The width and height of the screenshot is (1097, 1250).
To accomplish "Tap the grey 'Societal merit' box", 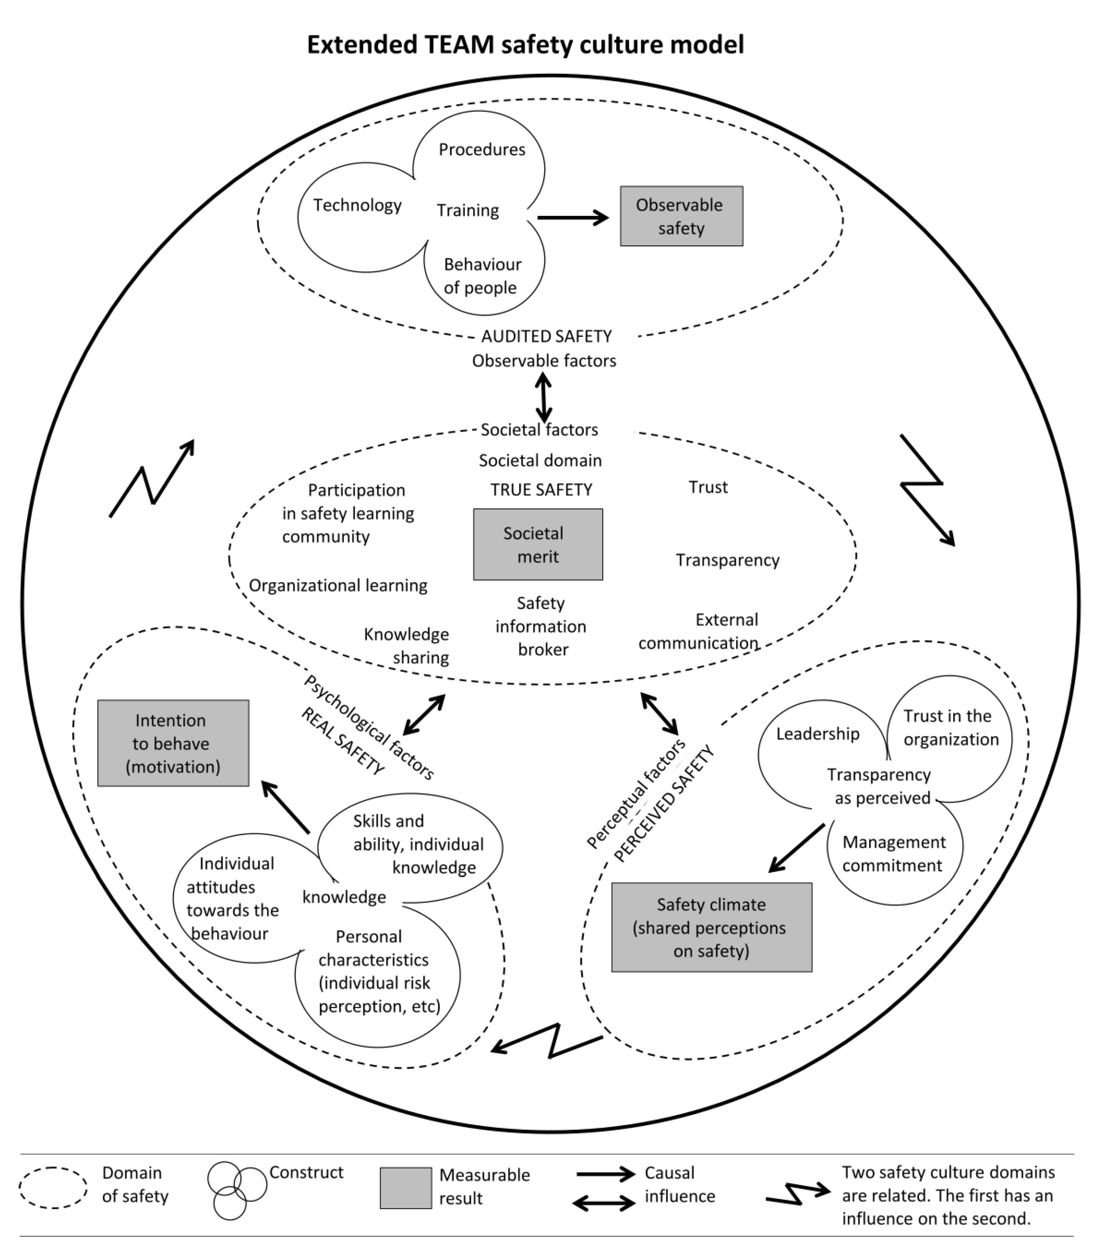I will [537, 544].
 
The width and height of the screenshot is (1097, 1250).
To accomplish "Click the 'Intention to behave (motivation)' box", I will [173, 743].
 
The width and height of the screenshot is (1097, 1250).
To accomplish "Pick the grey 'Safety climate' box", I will [711, 927].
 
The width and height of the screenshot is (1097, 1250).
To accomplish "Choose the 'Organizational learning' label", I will [337, 586].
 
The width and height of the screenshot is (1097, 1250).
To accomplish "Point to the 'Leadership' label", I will [817, 734].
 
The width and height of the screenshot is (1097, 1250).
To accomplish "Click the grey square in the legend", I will [405, 1188].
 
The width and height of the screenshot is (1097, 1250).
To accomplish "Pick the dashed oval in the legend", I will [53, 1188].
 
